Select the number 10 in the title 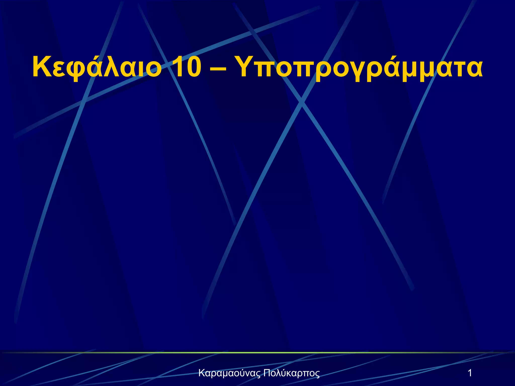click(x=186, y=67)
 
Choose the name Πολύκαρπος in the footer click(x=292, y=373)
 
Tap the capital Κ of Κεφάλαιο click(x=41, y=67)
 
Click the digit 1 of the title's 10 click(x=177, y=67)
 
